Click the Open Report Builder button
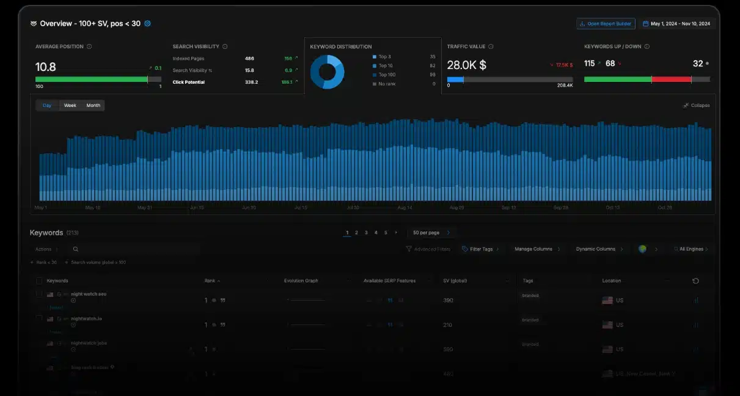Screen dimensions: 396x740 [x=606, y=24]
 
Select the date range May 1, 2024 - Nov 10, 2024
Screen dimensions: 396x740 [x=678, y=24]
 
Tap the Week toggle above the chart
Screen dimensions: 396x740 [x=70, y=106]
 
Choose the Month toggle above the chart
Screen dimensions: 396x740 [x=93, y=106]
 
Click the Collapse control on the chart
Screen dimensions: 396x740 [x=697, y=106]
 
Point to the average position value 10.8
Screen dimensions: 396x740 [x=46, y=66]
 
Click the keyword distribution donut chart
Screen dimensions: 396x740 [x=327, y=72]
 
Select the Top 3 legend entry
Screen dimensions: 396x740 [x=384, y=57]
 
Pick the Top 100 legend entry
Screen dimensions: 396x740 [x=386, y=75]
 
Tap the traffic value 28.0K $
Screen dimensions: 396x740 [x=466, y=65]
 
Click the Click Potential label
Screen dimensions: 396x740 [x=188, y=82]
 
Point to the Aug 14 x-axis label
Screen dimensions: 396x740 [x=405, y=208]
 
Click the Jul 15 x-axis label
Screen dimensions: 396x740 [x=301, y=208]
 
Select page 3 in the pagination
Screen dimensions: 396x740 [x=366, y=233]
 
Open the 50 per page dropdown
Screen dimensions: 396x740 [x=431, y=233]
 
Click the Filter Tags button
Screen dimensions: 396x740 [x=480, y=249]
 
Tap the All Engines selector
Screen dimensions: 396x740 [x=691, y=249]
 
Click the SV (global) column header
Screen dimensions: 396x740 [x=455, y=281]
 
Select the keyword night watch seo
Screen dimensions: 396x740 [x=89, y=294]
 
